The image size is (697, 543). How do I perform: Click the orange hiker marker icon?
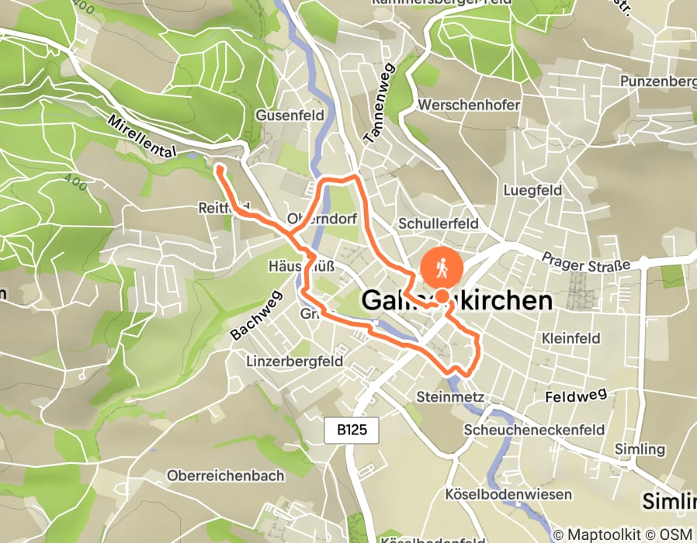(x=442, y=268)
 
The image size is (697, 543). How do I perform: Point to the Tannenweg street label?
(x=380, y=103)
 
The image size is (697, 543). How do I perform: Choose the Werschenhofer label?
(x=468, y=104)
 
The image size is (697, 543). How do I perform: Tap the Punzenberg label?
(x=656, y=81)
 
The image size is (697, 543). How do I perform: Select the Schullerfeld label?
(x=438, y=223)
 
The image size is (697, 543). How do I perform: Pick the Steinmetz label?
(x=450, y=397)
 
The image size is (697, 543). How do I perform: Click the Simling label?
(x=640, y=449)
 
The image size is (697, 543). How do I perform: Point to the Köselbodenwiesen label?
(x=508, y=494)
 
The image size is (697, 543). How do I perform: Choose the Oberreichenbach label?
(x=226, y=476)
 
